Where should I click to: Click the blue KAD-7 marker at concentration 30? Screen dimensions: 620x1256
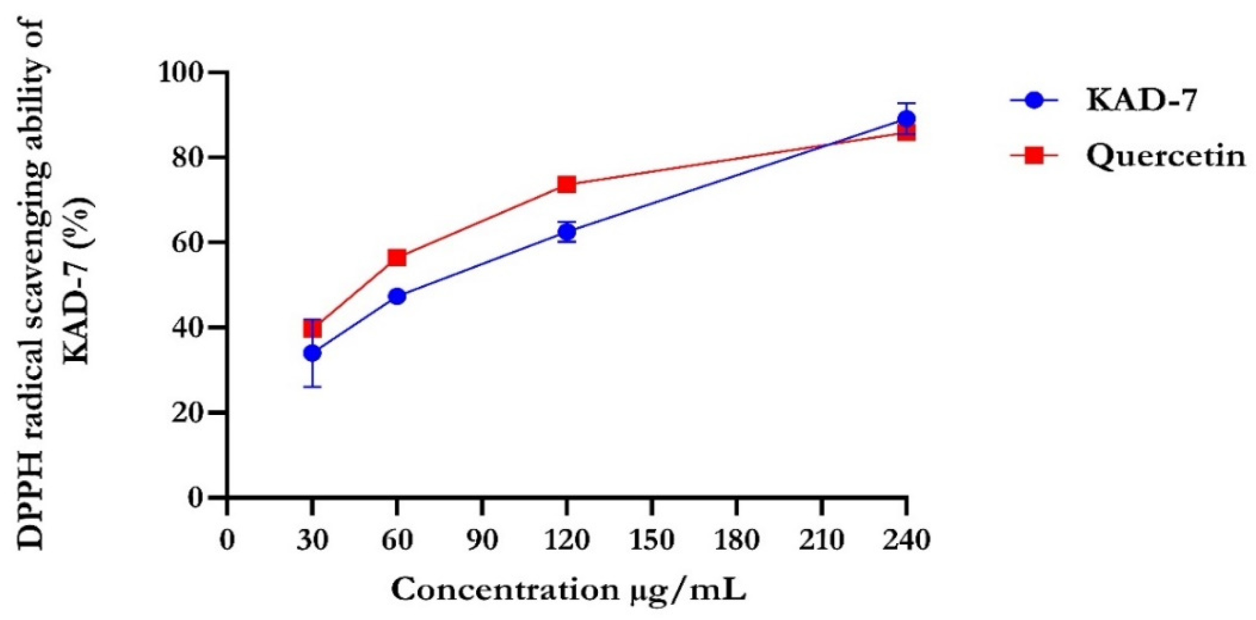click(312, 353)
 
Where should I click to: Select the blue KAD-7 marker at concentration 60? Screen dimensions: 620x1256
click(397, 296)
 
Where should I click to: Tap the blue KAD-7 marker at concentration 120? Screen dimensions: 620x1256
click(566, 232)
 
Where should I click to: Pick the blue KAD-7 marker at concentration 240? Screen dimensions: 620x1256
click(907, 119)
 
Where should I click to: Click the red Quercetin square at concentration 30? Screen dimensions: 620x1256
click(312, 328)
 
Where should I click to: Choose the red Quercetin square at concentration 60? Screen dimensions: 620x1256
click(397, 257)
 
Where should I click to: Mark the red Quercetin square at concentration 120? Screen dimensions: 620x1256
click(566, 184)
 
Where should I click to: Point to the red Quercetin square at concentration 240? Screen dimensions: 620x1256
click(907, 133)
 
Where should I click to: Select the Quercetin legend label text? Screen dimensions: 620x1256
click(1166, 157)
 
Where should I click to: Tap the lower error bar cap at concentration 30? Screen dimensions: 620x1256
click(312, 387)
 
